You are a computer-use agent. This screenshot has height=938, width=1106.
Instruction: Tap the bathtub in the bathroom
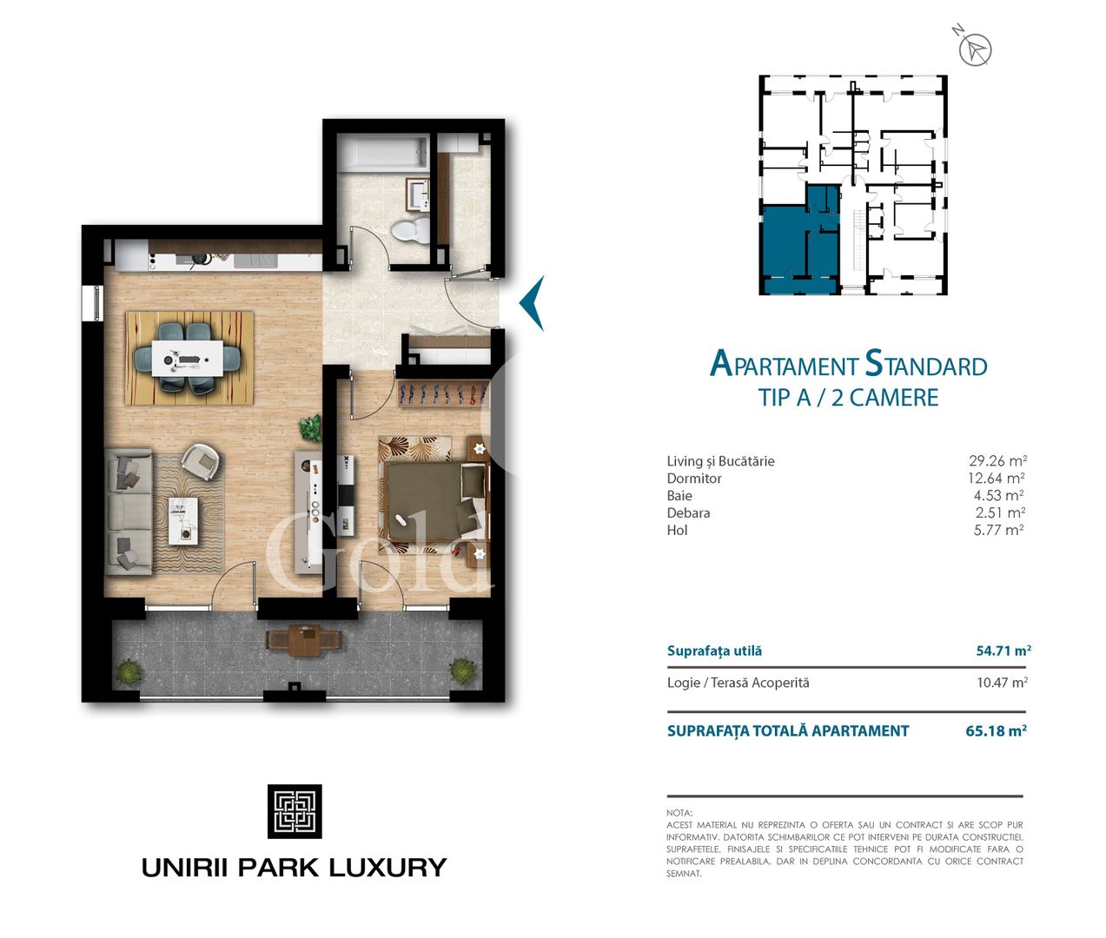[383, 155]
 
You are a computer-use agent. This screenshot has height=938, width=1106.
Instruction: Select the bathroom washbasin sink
[420, 195]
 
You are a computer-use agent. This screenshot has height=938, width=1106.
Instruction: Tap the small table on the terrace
[304, 641]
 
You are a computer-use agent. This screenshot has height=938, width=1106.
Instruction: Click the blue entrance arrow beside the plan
[532, 303]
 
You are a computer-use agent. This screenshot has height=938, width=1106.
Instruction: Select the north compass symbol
[975, 49]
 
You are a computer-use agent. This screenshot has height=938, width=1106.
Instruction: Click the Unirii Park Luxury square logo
[295, 811]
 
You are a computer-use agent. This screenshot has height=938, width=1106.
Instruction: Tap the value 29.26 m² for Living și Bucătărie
[997, 461]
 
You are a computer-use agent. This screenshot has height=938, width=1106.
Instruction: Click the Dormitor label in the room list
[694, 479]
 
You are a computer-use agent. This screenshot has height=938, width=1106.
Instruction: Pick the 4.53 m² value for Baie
[998, 496]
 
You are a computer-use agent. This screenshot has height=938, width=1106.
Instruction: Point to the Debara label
[688, 513]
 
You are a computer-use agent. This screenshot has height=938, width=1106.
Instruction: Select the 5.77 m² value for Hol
[998, 530]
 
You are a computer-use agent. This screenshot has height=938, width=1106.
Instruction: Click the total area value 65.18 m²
[996, 731]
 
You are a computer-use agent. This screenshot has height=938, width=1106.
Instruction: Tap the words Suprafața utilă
[714, 651]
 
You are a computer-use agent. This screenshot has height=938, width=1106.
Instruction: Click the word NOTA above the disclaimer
[679, 813]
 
